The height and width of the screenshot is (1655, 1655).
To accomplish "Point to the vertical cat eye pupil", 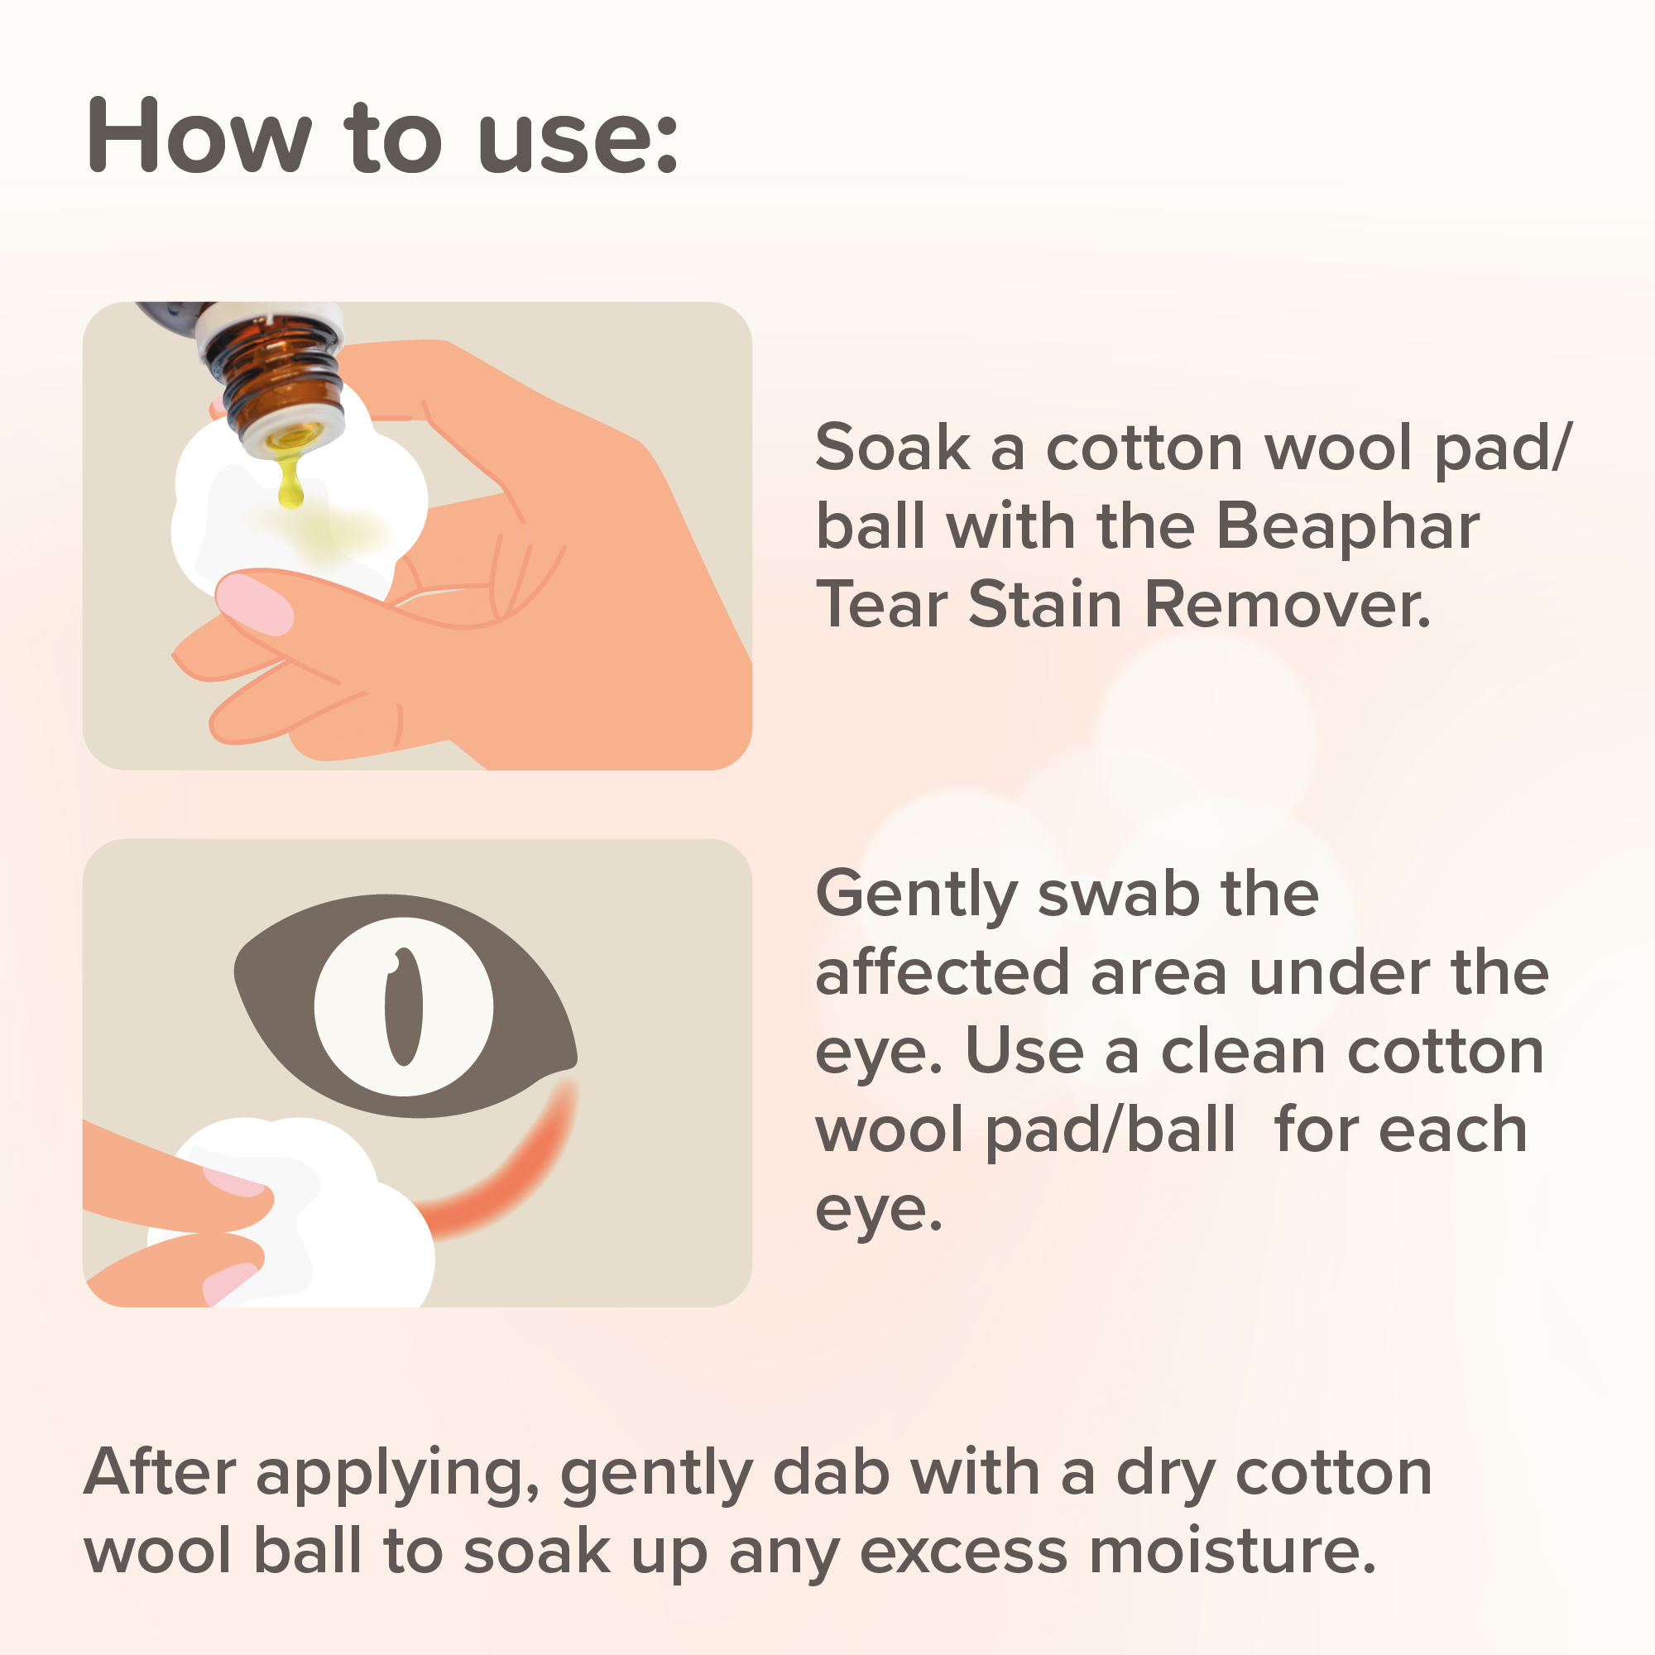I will pyautogui.click(x=404, y=1005).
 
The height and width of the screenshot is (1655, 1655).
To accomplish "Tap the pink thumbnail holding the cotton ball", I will pyautogui.click(x=254, y=605).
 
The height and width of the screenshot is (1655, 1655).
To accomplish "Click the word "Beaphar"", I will pyautogui.click(x=1346, y=527).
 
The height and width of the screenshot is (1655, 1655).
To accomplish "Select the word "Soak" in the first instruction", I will pyautogui.click(x=892, y=448).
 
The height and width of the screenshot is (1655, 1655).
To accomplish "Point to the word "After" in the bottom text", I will pyautogui.click(x=159, y=1473).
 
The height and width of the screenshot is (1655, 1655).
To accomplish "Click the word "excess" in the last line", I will pyautogui.click(x=964, y=1553).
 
